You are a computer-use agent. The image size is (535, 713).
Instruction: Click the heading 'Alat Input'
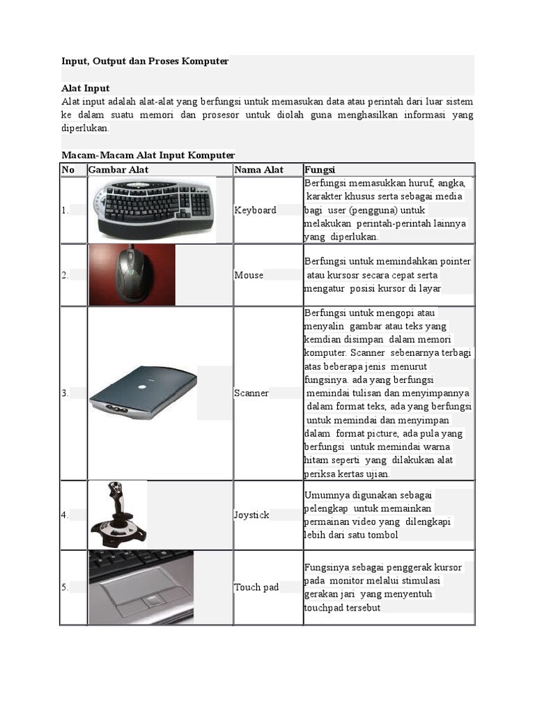point(86,88)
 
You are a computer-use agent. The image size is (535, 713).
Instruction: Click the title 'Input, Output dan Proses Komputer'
point(145,61)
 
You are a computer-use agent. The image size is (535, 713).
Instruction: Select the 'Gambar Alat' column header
point(118,170)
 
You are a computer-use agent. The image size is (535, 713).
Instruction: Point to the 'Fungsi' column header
point(320,170)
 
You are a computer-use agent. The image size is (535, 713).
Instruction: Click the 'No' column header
point(68,170)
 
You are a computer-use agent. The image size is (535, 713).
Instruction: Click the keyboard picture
point(153,207)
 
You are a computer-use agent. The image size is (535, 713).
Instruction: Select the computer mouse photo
point(132,274)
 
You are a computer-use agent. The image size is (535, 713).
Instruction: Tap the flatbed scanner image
point(143,393)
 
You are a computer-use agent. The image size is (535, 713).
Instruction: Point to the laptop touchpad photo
point(141,586)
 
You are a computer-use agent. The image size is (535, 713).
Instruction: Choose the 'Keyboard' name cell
point(255,210)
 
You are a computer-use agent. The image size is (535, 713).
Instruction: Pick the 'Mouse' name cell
point(249,275)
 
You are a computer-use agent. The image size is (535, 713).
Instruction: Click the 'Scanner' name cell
point(251,393)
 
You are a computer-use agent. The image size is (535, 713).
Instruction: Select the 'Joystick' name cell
point(251,515)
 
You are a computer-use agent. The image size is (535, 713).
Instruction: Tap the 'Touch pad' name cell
point(256,587)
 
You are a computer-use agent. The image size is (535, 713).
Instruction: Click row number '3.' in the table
point(65,393)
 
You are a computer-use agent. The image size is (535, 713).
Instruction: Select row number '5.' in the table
point(65,587)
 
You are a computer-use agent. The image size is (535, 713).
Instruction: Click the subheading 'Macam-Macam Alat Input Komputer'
point(148,155)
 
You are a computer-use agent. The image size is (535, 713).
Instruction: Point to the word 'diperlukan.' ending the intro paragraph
point(86,129)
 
